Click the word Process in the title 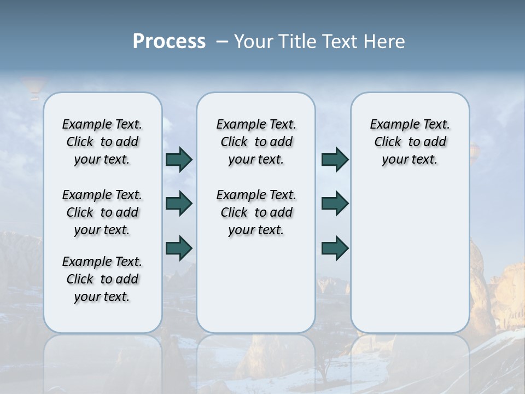click(x=169, y=42)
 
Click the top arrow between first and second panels click(x=178, y=160)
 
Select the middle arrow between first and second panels click(x=178, y=204)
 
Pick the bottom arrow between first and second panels click(x=178, y=248)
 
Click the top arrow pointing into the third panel click(x=335, y=160)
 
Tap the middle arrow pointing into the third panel click(x=335, y=204)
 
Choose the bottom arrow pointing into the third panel click(x=335, y=248)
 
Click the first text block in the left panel click(x=102, y=142)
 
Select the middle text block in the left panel click(x=102, y=212)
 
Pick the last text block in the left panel click(x=102, y=279)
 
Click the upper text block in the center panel click(x=256, y=142)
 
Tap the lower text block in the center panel click(x=256, y=212)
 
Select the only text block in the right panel click(x=410, y=142)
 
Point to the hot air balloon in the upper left click(x=33, y=88)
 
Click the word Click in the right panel click(x=388, y=142)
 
